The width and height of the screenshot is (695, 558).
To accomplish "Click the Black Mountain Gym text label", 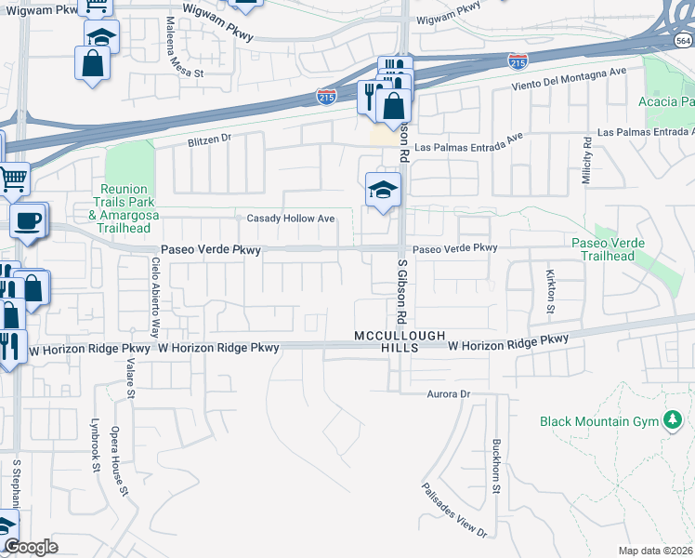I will coord(597,421).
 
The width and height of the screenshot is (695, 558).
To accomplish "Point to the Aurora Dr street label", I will coord(450,394).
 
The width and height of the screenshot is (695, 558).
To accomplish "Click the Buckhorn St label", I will coord(497,466).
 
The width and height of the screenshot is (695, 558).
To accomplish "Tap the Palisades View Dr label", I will coord(454,510).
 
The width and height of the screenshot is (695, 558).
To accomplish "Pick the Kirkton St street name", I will coord(551,293).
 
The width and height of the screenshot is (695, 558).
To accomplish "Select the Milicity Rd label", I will coord(587,161).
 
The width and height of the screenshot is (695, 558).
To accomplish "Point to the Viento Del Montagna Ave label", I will coord(570,79).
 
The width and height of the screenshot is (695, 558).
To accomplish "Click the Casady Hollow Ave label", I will coord(290,219).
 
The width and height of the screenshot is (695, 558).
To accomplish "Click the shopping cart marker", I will coord(12,177).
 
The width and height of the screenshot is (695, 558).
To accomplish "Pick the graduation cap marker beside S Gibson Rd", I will coord(382,191).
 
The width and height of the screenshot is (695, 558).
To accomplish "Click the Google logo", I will coord(31,547).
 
